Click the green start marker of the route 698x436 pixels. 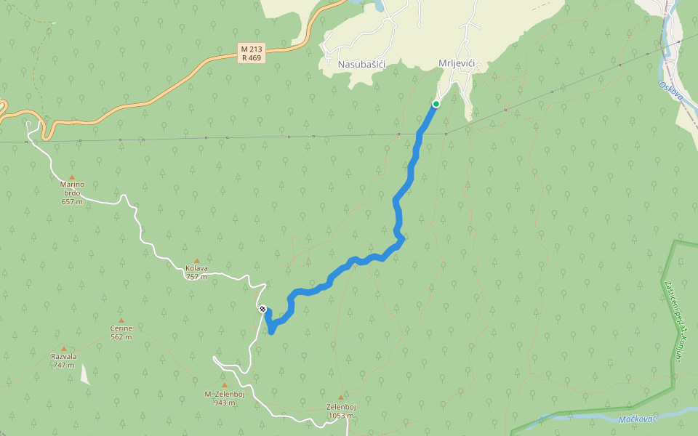click(436, 104)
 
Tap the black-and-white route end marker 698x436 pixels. click(262, 309)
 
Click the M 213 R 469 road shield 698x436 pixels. click(251, 53)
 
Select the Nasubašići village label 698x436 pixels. click(361, 65)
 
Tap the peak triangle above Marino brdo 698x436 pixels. click(72, 177)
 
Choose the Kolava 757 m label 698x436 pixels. click(196, 272)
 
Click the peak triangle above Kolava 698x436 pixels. click(196, 260)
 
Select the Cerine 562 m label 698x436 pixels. click(121, 332)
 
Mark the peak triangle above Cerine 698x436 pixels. click(121, 320)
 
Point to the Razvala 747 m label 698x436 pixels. click(63, 360)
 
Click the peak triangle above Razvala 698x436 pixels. click(63, 349)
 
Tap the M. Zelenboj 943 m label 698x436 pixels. click(224, 397)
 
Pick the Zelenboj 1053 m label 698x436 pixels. click(340, 411)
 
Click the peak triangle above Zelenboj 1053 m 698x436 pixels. click(340, 397)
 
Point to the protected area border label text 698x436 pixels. click(673, 320)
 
